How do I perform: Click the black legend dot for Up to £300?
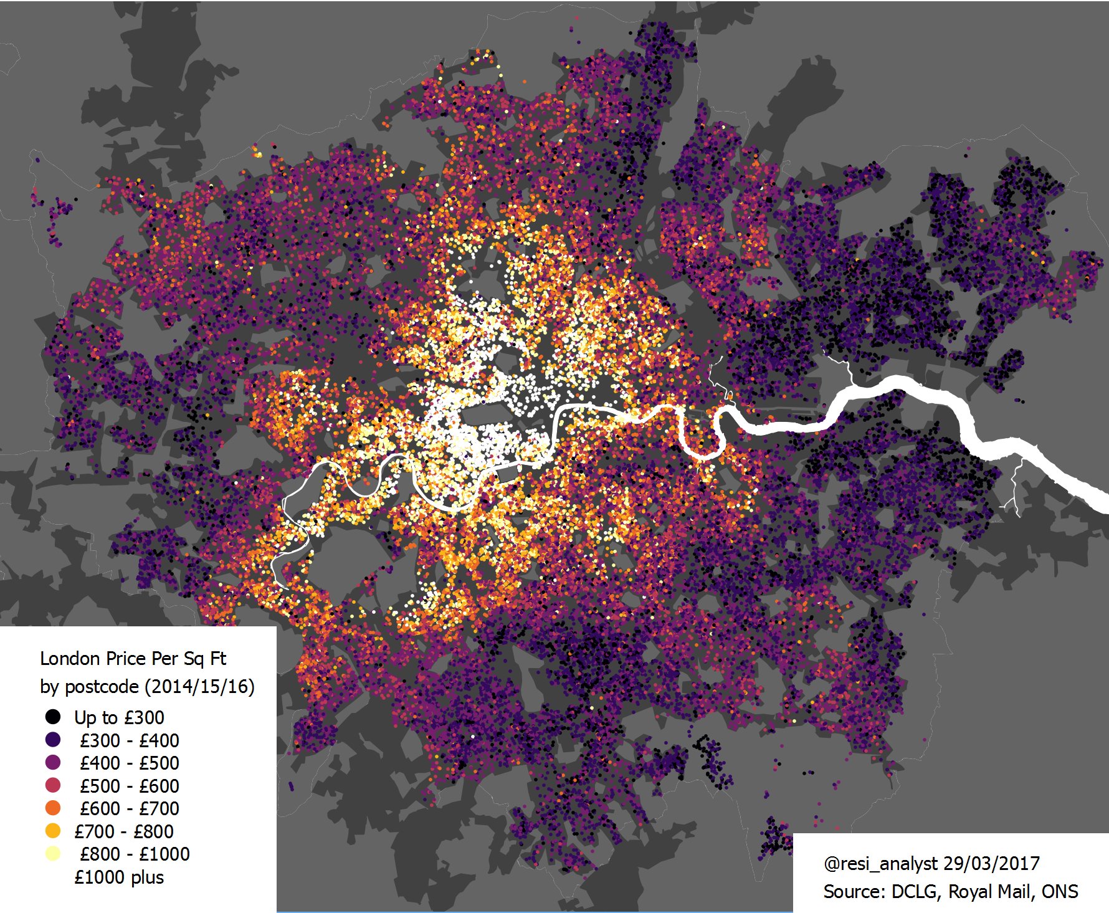point(53,717)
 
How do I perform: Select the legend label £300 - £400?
point(129,740)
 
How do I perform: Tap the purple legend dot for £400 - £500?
point(53,762)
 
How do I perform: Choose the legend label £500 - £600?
point(129,786)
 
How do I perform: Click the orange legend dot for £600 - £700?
point(53,808)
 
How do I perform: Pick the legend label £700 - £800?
point(123,831)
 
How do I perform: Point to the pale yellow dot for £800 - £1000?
point(53,853)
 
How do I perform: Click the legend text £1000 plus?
point(118,877)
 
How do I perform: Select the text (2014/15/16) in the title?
point(199,687)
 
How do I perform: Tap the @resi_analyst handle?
point(880,864)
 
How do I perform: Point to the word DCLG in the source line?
point(914,892)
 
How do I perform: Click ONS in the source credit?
point(1059,892)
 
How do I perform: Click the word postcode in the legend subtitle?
point(102,687)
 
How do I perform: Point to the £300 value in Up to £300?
point(144,717)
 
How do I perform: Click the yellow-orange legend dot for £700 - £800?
point(53,831)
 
